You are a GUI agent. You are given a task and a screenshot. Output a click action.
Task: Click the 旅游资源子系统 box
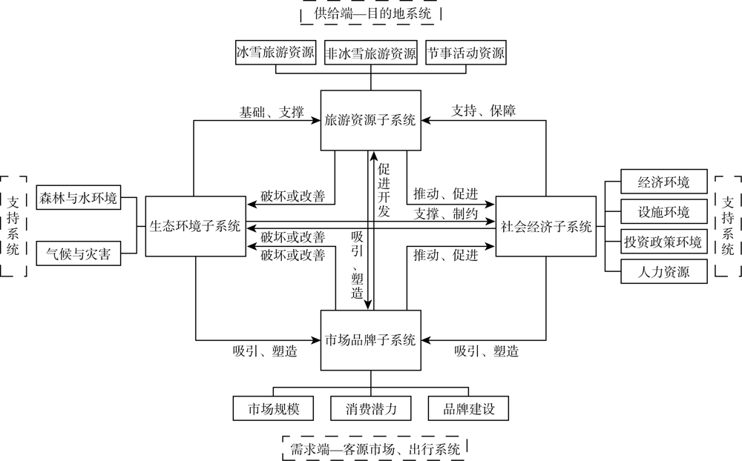point(370,121)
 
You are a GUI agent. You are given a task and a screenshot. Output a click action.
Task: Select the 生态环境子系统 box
point(195,227)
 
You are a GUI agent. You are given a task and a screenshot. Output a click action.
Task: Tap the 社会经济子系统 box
point(545,227)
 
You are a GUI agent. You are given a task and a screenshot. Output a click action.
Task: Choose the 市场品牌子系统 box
point(370,340)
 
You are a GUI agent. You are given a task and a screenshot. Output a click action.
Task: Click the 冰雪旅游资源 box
point(275,53)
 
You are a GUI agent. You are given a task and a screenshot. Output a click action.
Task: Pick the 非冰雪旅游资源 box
point(370,53)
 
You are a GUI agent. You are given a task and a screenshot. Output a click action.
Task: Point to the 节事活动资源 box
point(466,53)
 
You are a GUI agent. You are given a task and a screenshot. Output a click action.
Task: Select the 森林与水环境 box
point(79,198)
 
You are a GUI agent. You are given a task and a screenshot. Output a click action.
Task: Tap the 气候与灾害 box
point(79,253)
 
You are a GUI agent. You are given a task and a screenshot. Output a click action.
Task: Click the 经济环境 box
point(664,182)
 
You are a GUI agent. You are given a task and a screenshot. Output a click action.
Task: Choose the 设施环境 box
point(664,211)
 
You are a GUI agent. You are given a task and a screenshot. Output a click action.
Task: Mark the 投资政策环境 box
point(664,242)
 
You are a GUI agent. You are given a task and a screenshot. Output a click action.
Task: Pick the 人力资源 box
point(664,271)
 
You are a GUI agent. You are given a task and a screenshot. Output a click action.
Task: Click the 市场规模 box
point(273,408)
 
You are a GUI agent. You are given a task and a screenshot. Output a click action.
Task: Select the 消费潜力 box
point(370,408)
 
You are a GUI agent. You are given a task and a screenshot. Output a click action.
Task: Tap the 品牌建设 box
point(468,408)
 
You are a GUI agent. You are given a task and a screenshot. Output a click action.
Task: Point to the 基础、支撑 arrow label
point(271,112)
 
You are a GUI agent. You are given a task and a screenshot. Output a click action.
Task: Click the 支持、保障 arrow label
point(483,110)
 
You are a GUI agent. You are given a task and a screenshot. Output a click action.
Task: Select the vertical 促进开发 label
point(384,190)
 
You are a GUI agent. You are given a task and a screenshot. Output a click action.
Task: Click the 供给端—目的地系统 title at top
point(372,13)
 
